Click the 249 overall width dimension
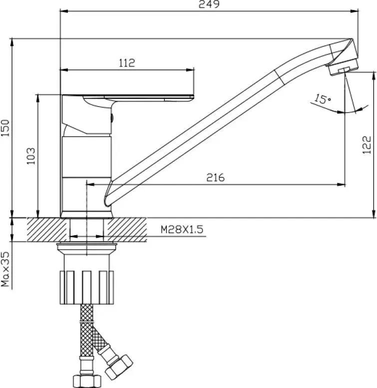coord(209,4)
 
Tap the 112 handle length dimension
coord(127,63)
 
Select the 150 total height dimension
coord(5,128)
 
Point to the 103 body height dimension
coord(30,156)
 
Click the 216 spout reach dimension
coord(215,177)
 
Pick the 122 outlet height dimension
coord(367,145)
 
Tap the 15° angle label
coord(323,99)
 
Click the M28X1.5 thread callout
coord(182,229)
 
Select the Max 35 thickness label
coord(5,269)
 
